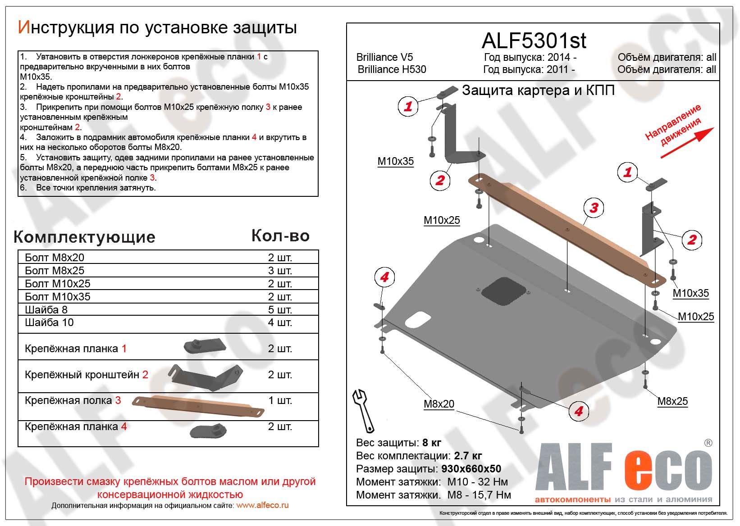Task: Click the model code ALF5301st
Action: (534, 41)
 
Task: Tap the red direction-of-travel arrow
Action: (687, 143)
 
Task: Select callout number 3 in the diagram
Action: (594, 208)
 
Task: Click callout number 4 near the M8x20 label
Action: (578, 411)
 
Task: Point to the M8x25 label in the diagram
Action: (672, 401)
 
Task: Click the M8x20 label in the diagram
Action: (439, 404)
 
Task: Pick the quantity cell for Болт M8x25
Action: (280, 271)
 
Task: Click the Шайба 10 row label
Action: (49, 322)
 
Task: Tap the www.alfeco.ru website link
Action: (262, 505)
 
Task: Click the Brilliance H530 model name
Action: (392, 69)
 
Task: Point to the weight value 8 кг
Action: (432, 443)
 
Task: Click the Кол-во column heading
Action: (280, 236)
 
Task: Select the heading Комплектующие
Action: (85, 237)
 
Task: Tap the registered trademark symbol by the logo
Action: (708, 443)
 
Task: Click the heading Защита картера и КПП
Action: (538, 91)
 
